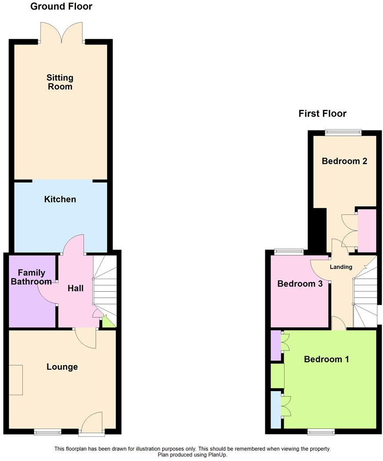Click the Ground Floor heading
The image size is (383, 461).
point(61,7)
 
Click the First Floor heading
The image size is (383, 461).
point(322,114)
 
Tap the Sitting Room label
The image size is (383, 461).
point(60,82)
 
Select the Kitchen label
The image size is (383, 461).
point(60,200)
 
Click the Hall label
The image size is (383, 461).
point(76,288)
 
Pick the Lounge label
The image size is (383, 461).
point(62,367)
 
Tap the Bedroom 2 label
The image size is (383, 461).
point(344,161)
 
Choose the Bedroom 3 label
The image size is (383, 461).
point(300,284)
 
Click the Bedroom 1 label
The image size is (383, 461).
point(326,359)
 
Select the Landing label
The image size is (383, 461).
point(341,267)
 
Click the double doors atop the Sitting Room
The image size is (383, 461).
point(61,33)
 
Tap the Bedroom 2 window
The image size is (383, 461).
point(343,131)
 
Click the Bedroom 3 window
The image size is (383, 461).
point(289,252)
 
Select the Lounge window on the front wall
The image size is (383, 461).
point(48,432)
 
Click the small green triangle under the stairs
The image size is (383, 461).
point(108,322)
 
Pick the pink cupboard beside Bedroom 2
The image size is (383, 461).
point(367,230)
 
